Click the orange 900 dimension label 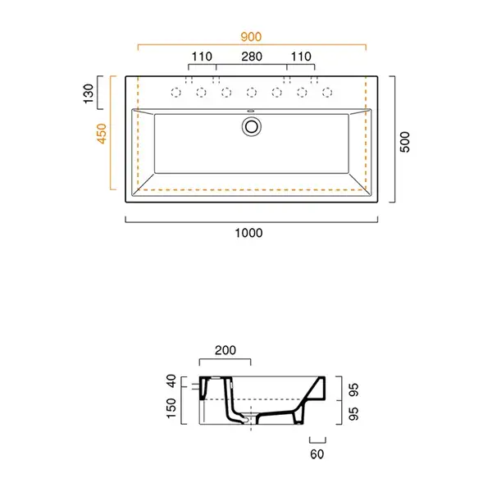tap(251, 37)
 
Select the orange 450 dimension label tap(102, 134)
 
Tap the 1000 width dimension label tap(248, 233)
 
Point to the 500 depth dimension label tap(405, 142)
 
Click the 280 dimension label tap(252, 57)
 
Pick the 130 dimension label tap(89, 93)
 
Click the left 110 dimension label tap(202, 57)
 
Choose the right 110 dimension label tap(301, 57)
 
